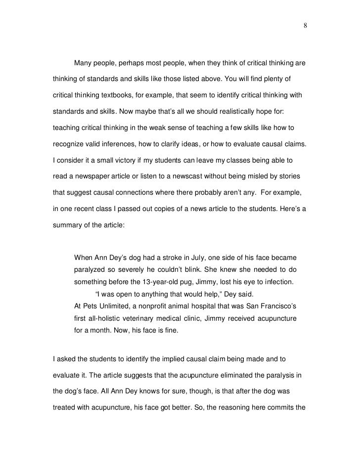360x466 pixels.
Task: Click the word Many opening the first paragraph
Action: tap(84, 64)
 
